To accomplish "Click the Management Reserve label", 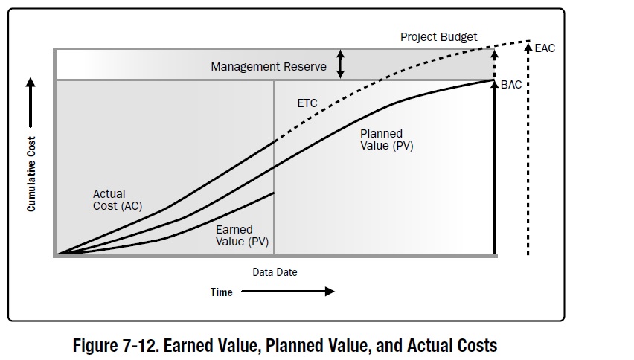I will [x=269, y=67].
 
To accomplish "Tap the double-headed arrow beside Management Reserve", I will [x=341, y=64].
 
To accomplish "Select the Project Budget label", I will [x=439, y=37].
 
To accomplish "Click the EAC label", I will [x=545, y=48].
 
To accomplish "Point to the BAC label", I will [x=511, y=85].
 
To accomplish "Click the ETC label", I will [x=307, y=103].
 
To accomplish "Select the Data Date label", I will [x=275, y=272].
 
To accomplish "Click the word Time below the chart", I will [x=221, y=292].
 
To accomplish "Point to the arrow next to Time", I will [x=288, y=292].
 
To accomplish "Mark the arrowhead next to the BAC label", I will [x=494, y=82].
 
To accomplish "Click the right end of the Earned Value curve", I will [x=275, y=193].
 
